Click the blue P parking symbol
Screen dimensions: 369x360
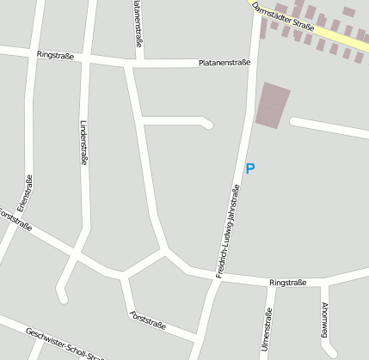(250, 169)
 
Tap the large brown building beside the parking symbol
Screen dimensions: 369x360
(273, 106)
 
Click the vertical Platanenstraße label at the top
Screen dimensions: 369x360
(137, 23)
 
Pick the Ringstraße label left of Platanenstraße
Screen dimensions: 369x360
(56, 55)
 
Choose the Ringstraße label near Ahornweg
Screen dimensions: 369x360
(287, 282)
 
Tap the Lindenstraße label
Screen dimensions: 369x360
(83, 142)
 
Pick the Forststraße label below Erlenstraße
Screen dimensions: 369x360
(16, 220)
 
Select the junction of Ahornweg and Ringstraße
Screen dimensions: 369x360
(325, 283)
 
